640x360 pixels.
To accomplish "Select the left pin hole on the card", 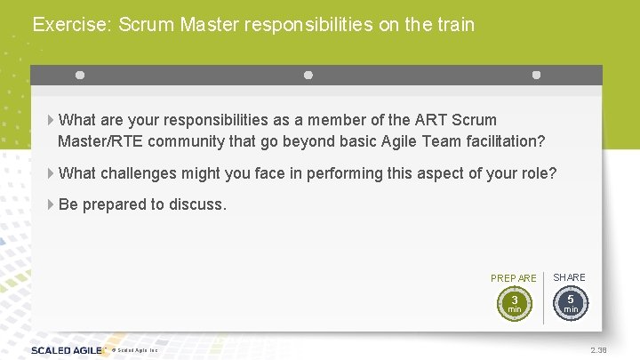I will click(x=80, y=76).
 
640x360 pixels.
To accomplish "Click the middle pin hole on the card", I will click(x=308, y=76).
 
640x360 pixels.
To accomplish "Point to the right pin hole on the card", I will click(x=536, y=76).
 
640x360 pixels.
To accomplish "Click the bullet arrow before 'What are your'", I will click(x=50, y=120).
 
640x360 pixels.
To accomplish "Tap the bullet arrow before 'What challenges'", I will click(x=50, y=173).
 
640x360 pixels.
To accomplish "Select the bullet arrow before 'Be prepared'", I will click(x=50, y=204).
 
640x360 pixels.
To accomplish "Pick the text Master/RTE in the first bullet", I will click(x=98, y=141).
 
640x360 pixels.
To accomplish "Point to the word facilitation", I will click(x=500, y=141).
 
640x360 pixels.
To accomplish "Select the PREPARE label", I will click(x=514, y=278).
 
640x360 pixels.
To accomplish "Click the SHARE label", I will click(x=570, y=277).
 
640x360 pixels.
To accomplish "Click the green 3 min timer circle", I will click(x=514, y=304).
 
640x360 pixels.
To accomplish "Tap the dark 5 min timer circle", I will click(x=571, y=303).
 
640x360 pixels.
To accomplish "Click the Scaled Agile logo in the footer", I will click(x=68, y=350).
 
